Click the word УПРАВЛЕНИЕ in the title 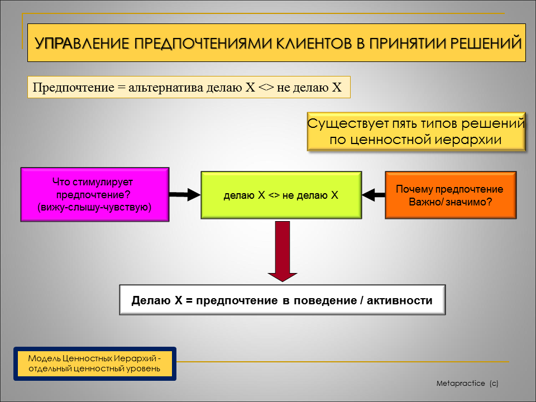coord(82,44)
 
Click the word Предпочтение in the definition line coord(74,88)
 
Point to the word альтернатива coord(166,88)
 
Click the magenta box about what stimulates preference coord(95,194)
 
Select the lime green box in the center coord(281,195)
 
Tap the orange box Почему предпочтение coord(451,195)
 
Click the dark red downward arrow coord(283,251)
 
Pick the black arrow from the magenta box coord(185,194)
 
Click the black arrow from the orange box coord(374,195)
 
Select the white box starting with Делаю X coord(283,300)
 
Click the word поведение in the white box coord(325,300)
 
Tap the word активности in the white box coord(400,300)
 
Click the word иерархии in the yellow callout coord(468,140)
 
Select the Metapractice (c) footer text coord(467,383)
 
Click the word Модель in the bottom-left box coord(44,358)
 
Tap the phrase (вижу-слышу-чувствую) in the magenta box coord(94,208)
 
